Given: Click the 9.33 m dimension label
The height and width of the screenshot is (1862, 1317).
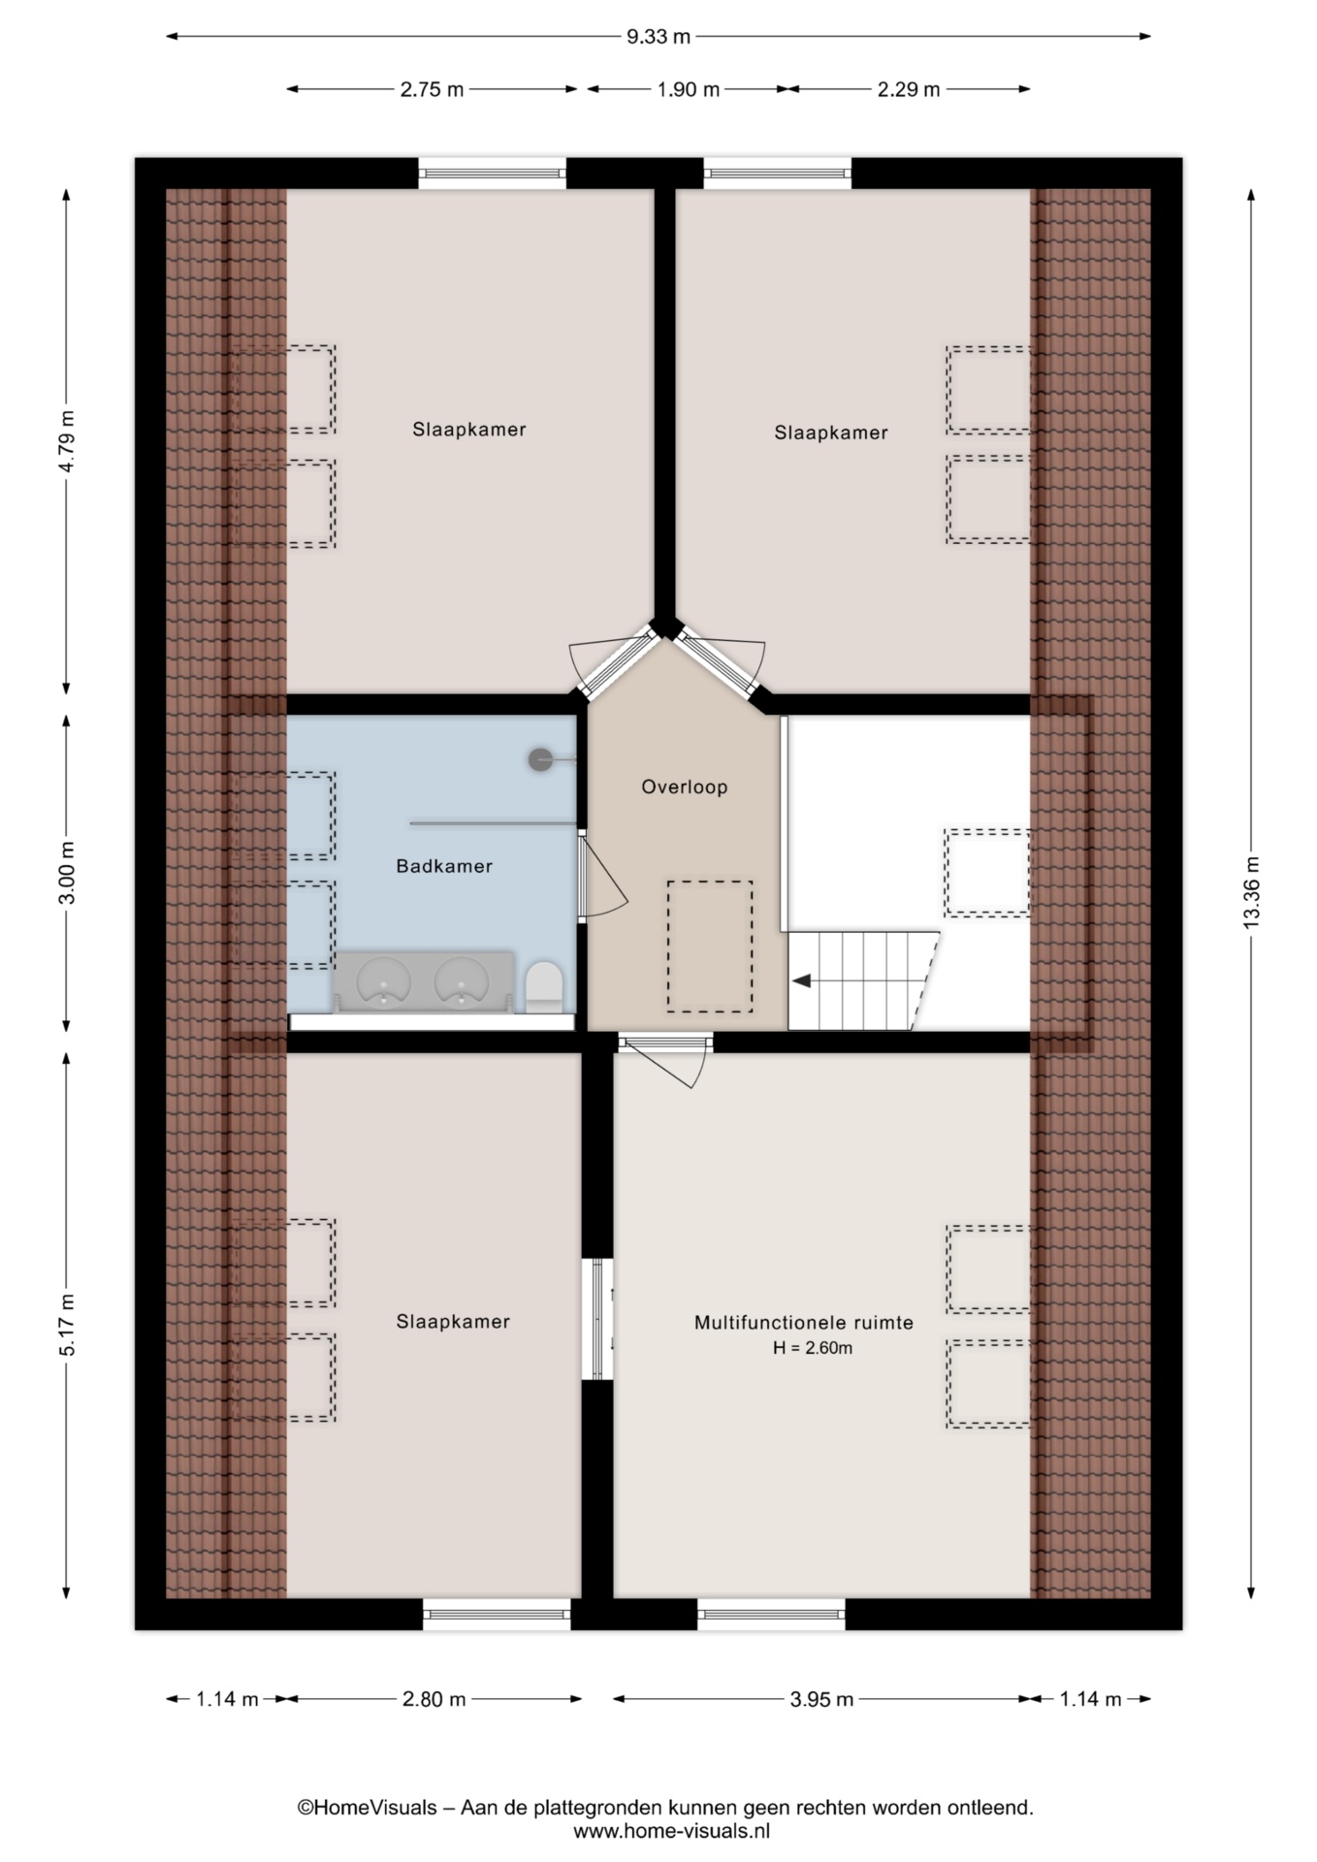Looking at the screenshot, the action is [x=658, y=37].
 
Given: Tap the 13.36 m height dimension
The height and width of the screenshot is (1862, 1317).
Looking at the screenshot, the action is [x=1251, y=891].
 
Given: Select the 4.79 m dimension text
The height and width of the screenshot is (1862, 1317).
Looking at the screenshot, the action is [x=66, y=441].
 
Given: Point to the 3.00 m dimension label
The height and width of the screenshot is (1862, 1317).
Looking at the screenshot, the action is [x=66, y=873].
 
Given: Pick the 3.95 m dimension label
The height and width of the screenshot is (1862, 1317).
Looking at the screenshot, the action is [x=821, y=1699].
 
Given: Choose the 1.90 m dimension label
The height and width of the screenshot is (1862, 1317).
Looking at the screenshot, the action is [x=689, y=89].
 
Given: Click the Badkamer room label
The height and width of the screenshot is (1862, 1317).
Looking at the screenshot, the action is [x=444, y=866].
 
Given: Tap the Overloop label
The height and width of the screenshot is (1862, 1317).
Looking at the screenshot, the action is [x=685, y=787].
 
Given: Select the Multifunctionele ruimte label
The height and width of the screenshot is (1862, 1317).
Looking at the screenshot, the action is [x=804, y=1322].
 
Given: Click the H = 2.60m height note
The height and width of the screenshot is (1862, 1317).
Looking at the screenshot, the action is [x=813, y=1348].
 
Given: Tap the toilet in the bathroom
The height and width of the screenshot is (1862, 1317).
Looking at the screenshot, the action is [x=544, y=986].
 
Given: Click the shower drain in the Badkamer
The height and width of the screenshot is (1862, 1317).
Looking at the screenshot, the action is [x=540, y=759].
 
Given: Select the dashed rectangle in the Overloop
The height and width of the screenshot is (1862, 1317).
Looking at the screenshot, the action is [x=709, y=947].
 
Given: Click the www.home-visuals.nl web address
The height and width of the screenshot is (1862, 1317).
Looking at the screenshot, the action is [x=671, y=1831].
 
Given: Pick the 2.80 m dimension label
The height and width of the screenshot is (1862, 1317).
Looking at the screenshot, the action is [x=434, y=1699].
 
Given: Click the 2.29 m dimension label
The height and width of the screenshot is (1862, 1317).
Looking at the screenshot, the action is [x=909, y=89].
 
